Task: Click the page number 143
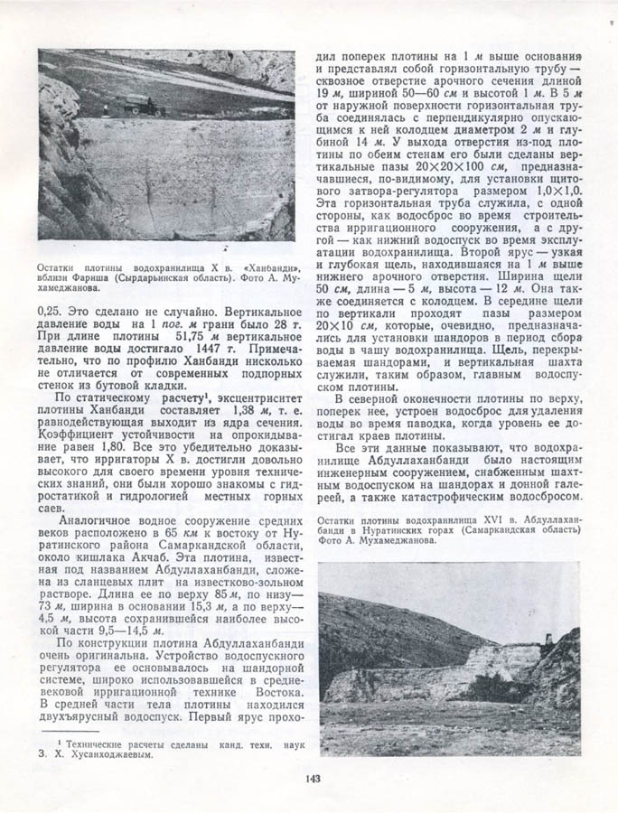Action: (x=313, y=778)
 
